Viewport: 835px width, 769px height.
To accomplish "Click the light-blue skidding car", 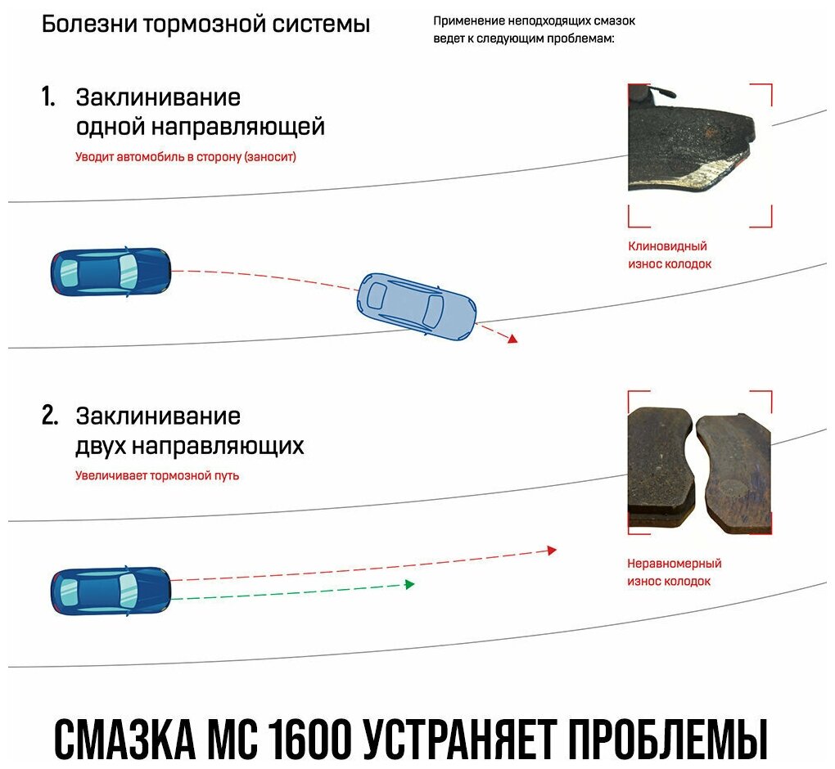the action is (417, 307).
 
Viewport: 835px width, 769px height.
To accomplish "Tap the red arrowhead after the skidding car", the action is (512, 338).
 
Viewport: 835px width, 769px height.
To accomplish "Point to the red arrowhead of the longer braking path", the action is (552, 551).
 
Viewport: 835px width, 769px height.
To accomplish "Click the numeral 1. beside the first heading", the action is (48, 97).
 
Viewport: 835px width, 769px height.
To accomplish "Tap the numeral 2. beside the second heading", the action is (50, 416).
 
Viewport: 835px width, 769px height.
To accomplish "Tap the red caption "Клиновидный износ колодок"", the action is (669, 254).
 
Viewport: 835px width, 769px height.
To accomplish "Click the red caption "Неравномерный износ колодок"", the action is (674, 572).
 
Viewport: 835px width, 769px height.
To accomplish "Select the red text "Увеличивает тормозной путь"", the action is (157, 474).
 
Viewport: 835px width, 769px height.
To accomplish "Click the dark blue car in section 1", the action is (111, 271).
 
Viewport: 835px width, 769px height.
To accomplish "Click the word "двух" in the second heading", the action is (101, 446).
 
